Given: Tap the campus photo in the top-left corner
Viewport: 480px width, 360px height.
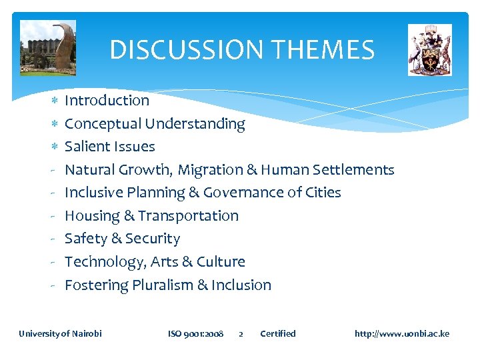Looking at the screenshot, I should click(x=48, y=48).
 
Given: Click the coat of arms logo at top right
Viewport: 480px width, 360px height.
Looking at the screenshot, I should click(x=429, y=50).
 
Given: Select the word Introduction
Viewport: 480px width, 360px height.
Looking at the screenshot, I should click(x=107, y=101).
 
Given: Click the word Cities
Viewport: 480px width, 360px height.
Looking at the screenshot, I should click(x=322, y=193).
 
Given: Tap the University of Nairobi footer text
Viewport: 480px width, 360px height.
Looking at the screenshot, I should click(x=60, y=333).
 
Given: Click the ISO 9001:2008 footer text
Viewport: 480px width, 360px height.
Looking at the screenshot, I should click(x=195, y=333).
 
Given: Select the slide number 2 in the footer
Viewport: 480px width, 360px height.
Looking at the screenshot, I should click(x=241, y=334).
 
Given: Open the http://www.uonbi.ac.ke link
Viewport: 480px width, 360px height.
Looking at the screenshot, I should click(x=402, y=333).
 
